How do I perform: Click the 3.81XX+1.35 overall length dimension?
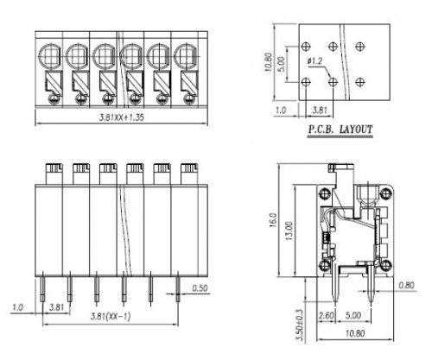(121, 117)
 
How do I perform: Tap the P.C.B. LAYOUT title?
(340, 129)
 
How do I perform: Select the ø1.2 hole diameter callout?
(314, 61)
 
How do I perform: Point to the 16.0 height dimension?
(273, 220)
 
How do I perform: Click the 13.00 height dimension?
(289, 231)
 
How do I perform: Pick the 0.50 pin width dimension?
(200, 287)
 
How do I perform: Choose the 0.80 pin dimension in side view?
(406, 285)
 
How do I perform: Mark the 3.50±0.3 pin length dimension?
(301, 325)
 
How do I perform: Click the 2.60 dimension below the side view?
(326, 315)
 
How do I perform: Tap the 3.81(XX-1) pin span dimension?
(111, 317)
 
